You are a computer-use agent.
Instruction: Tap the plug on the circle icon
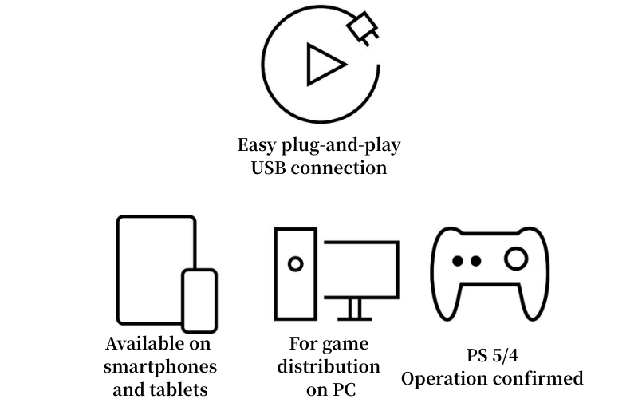coord(363,28)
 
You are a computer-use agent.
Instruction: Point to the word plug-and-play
coord(341,146)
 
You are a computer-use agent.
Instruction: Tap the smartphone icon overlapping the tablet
coord(199,301)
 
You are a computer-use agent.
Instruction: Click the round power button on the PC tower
coord(295,264)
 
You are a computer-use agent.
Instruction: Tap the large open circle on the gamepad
coord(516,259)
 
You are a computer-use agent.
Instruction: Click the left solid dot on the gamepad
coord(458,261)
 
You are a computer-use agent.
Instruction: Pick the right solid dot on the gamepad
coord(475,261)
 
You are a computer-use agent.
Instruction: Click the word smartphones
coord(160,367)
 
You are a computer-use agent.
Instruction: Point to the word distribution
coord(329,366)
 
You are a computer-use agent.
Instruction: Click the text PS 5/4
coord(492,355)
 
